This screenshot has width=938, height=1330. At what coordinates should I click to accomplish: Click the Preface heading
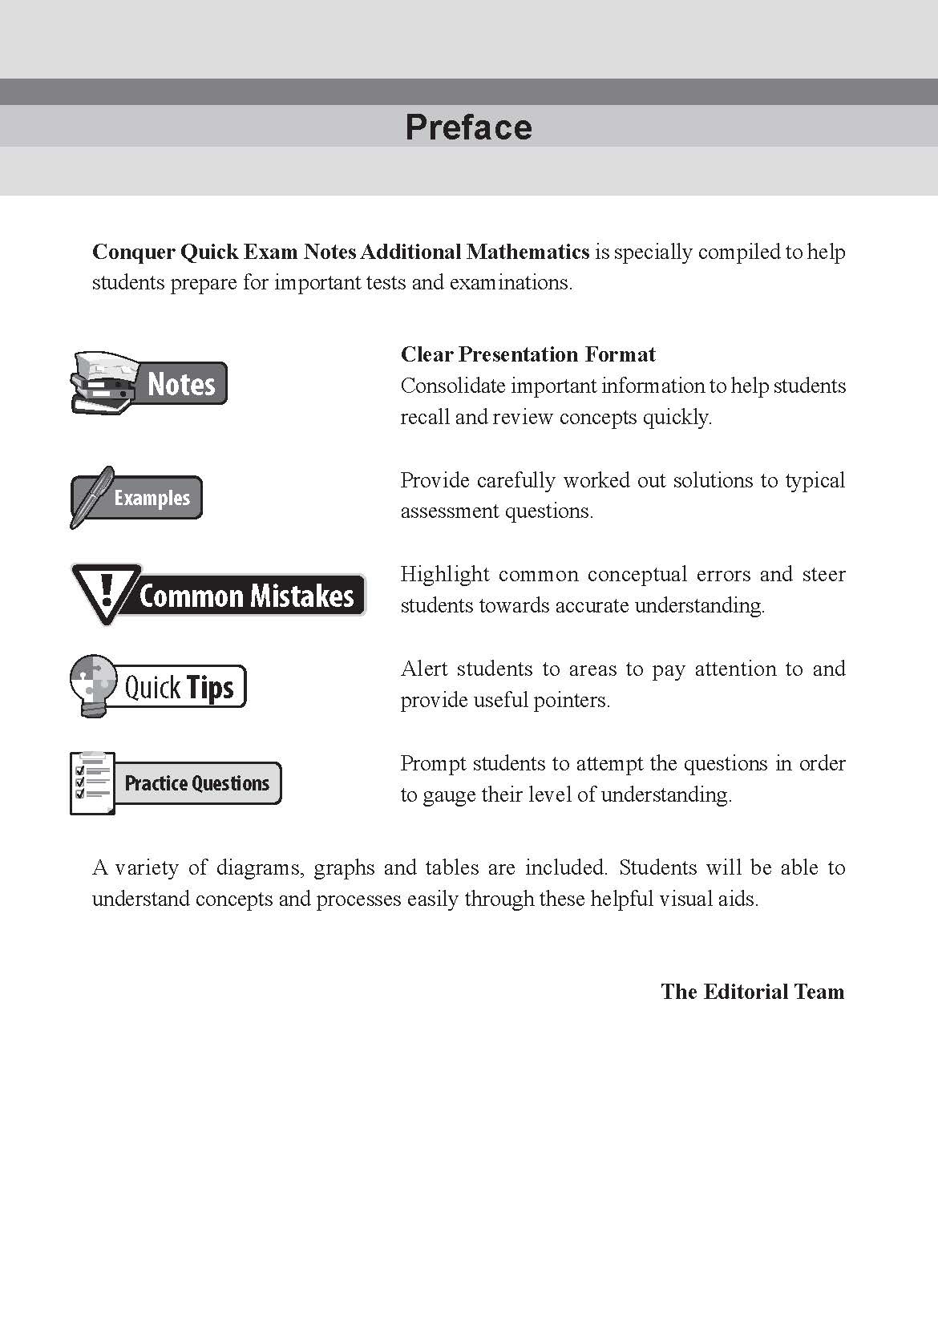(x=468, y=127)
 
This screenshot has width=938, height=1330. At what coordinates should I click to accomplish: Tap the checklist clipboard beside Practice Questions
(x=92, y=782)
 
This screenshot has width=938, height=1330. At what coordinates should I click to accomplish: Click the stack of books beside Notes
(x=104, y=382)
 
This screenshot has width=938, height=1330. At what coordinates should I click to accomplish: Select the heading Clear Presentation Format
(x=528, y=354)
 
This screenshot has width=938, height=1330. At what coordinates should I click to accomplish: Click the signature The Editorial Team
(x=752, y=992)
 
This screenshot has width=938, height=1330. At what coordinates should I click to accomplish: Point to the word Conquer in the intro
(x=133, y=253)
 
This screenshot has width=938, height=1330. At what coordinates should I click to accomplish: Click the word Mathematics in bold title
(x=528, y=252)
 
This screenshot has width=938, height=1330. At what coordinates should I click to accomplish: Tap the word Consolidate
(x=452, y=386)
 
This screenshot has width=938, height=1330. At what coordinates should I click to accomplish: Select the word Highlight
(x=443, y=574)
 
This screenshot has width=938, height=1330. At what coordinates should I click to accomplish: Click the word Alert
(x=424, y=669)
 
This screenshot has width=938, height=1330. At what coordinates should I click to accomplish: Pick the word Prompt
(x=432, y=763)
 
